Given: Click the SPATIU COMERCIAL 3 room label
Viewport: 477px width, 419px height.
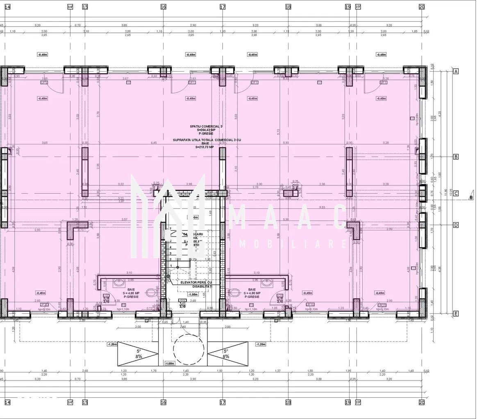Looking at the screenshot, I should pos(206,127).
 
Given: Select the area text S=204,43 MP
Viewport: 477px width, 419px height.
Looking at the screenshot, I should pos(206,130).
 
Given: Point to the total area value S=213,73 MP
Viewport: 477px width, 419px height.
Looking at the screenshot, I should pos(204,146).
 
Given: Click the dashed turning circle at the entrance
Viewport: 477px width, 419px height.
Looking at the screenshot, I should pos(189,349).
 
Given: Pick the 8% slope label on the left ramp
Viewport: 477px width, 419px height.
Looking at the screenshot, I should pos(139,356).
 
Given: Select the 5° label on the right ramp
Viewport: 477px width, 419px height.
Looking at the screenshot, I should pos(226,351).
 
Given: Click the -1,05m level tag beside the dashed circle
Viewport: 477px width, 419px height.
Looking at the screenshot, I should pos(170,363).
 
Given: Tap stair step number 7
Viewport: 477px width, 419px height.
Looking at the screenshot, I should pos(170,229).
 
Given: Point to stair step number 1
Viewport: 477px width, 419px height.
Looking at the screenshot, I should pos(170,266).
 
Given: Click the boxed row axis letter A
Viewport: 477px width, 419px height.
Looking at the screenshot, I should pos(456,71).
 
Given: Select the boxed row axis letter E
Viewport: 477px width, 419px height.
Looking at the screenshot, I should pos(456,314).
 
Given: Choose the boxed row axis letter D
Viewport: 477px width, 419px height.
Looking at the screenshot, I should pos(456,225).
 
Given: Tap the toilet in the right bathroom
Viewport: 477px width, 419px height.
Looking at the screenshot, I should pos(235,292).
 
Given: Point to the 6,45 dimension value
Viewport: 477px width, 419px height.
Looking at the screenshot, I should pos(154,143).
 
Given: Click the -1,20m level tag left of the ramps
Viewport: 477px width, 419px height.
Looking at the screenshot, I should pos(112,344).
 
